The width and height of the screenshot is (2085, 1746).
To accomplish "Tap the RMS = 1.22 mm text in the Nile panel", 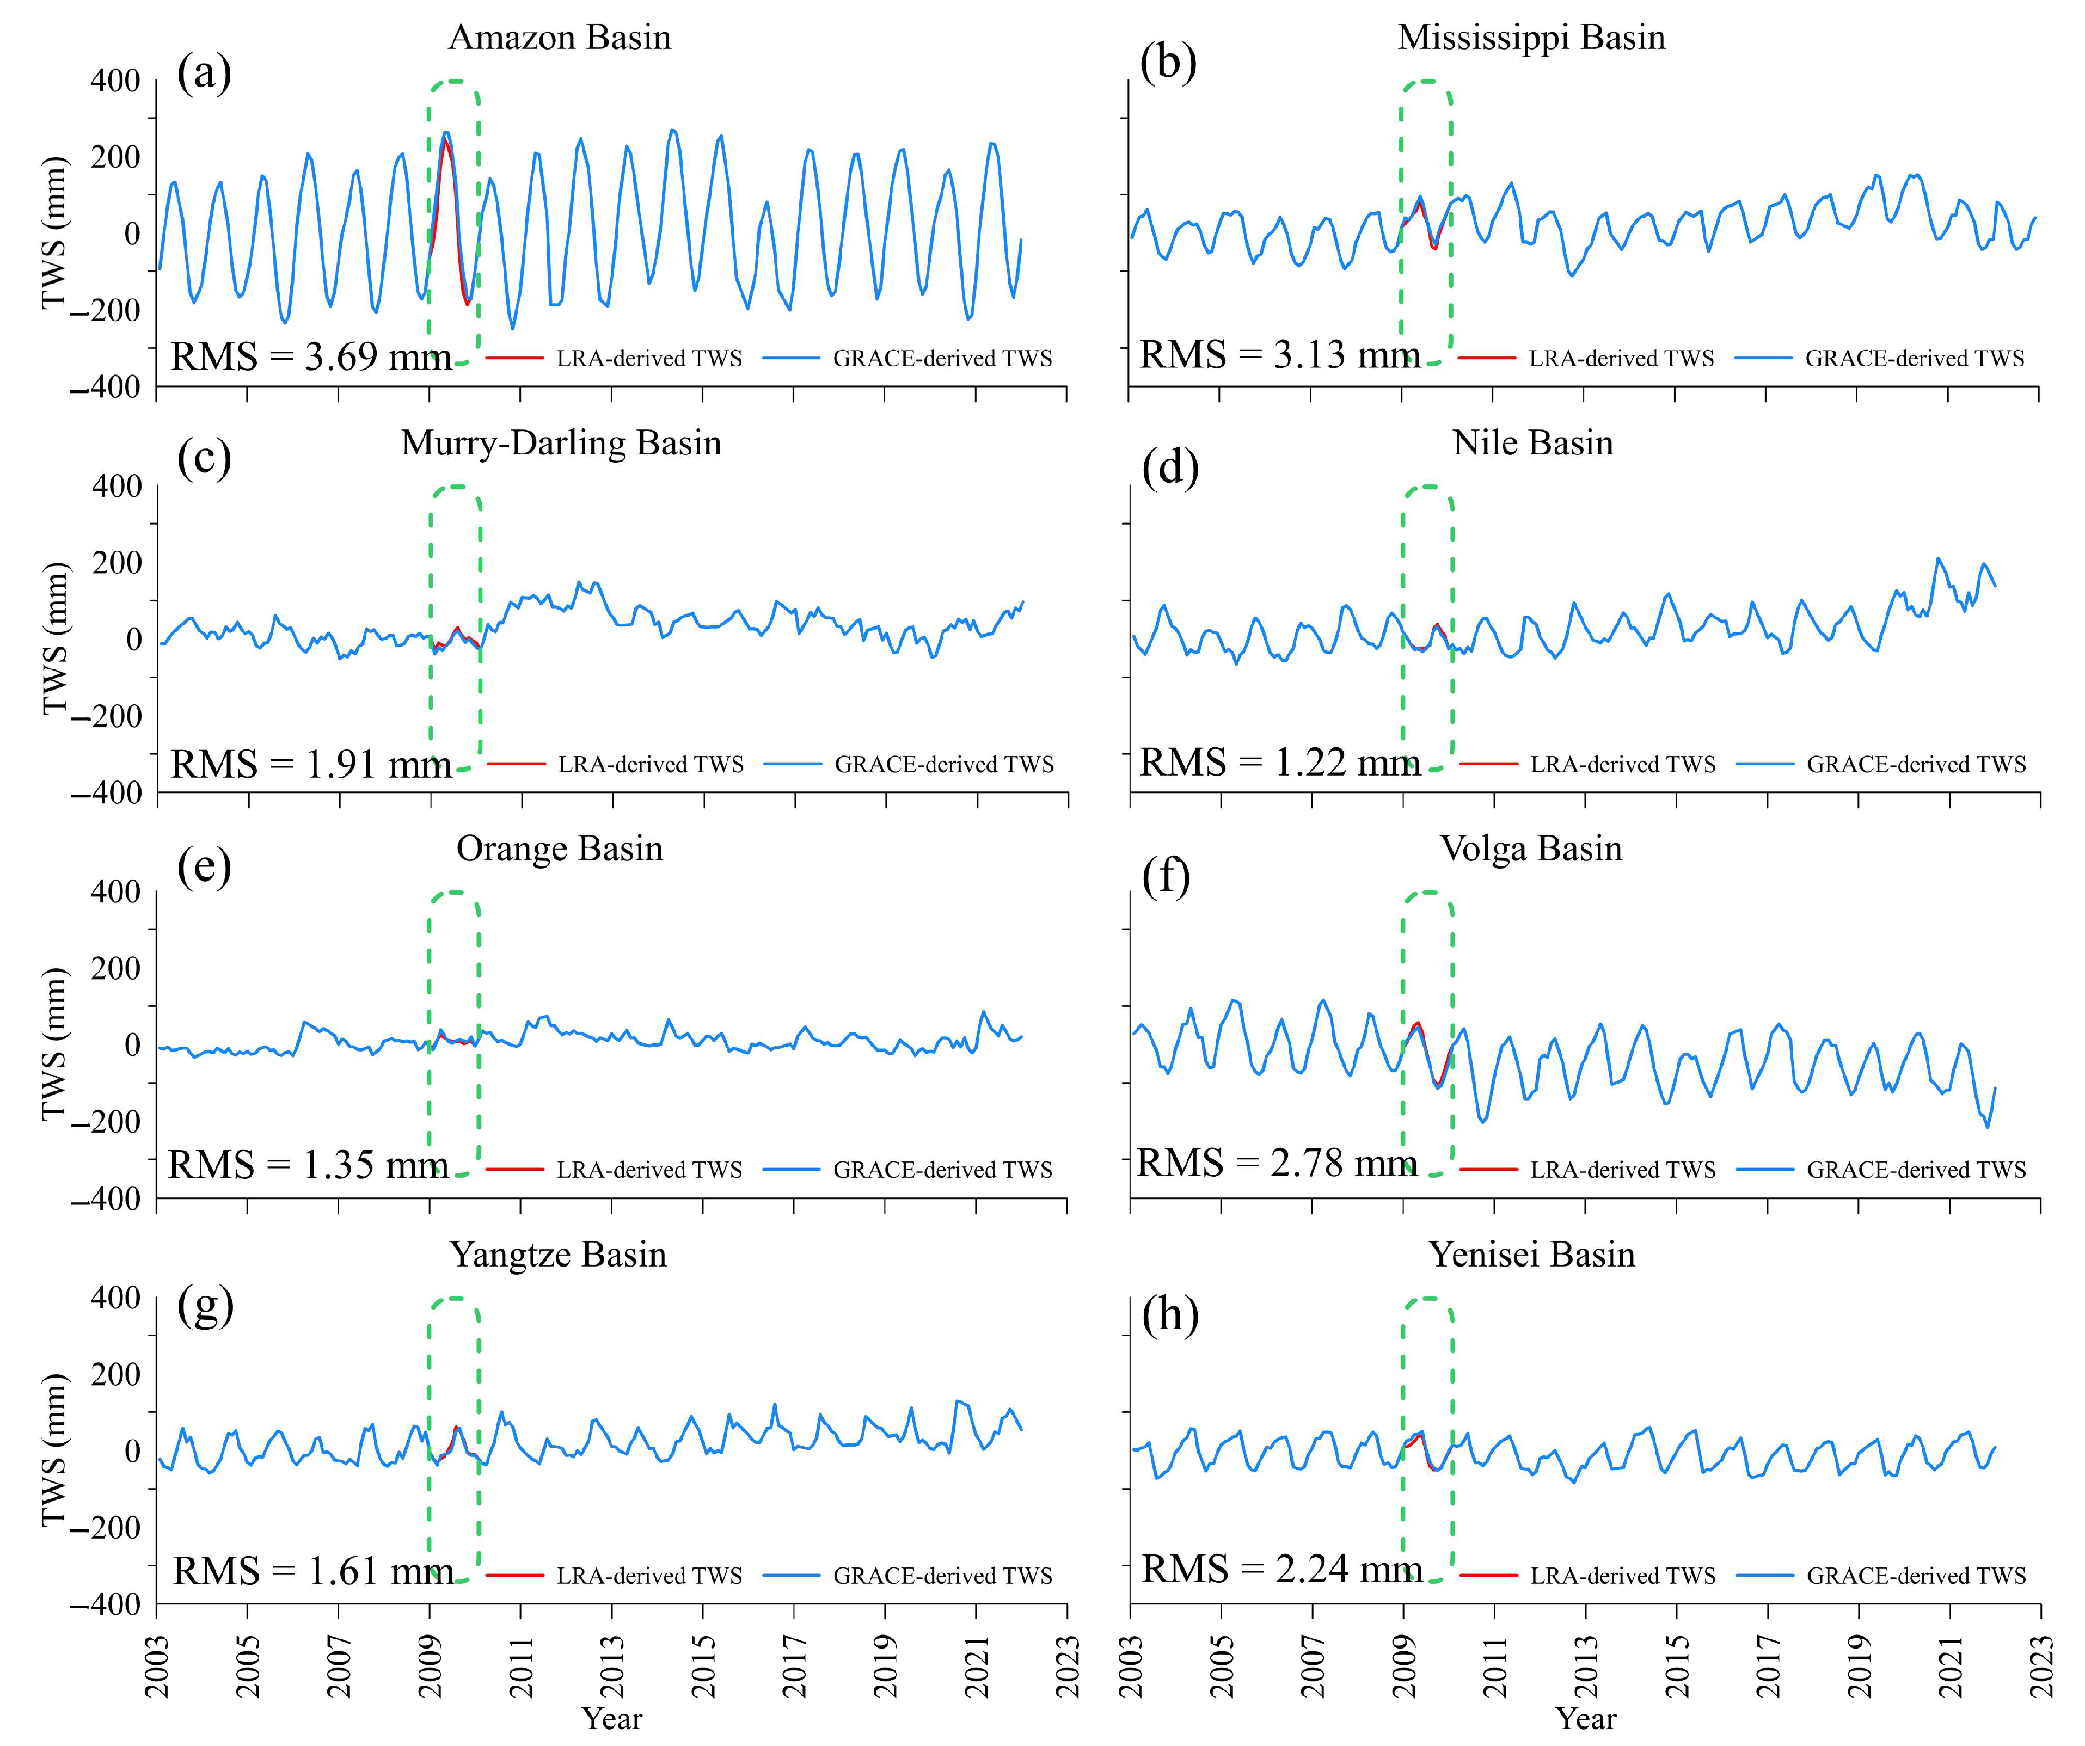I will pos(1279,763).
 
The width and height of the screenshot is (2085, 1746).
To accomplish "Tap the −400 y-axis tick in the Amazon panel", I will pos(105,387).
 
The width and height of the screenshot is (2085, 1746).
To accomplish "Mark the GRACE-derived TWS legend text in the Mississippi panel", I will pos(1914,358).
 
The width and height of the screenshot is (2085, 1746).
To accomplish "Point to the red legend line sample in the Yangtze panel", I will pos(514,1575).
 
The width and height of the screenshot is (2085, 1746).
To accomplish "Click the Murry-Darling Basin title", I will pos(561,442).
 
